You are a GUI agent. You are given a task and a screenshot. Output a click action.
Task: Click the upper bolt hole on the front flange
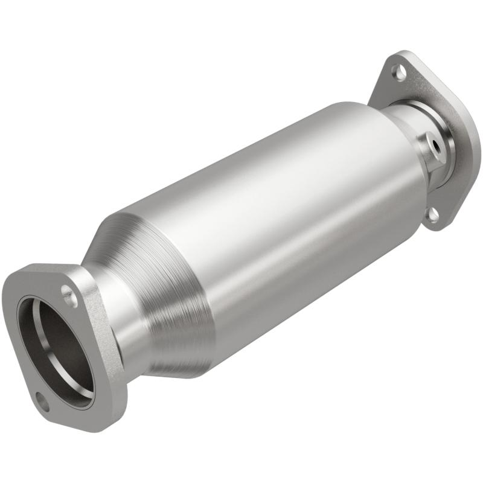pos(68,296)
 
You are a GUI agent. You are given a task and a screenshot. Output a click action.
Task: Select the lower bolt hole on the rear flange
pos(432,213)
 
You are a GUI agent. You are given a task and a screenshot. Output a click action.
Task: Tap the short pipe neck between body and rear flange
pos(401,130)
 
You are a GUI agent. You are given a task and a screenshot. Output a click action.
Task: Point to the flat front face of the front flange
pos(24,314)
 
